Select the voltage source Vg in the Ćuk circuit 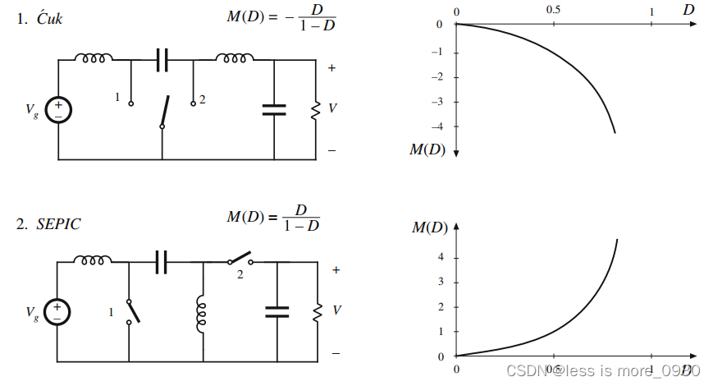(58, 109)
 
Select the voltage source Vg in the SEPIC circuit (57, 311)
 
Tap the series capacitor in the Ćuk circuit (162, 59)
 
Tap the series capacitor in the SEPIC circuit (162, 262)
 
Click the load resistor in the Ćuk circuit (314, 109)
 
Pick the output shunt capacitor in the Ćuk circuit (274, 109)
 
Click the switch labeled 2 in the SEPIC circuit (240, 262)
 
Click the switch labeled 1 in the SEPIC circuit (130, 311)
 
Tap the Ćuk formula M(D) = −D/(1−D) (281, 19)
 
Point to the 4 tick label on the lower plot (441, 257)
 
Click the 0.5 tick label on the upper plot (553, 11)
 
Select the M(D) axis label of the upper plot (427, 150)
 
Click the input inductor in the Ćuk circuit (94, 57)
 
